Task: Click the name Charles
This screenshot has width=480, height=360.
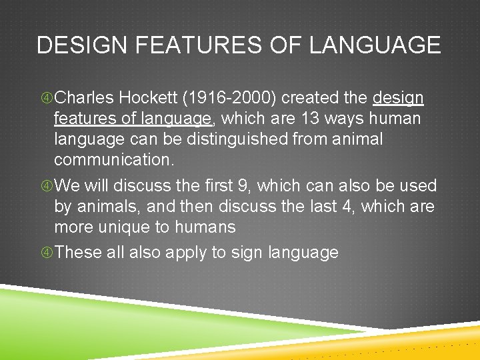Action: click(x=85, y=98)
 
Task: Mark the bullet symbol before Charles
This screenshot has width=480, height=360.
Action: click(x=45, y=99)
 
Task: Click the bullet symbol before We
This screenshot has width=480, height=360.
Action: click(x=45, y=186)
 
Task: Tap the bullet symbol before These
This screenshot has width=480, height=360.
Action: click(x=45, y=253)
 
